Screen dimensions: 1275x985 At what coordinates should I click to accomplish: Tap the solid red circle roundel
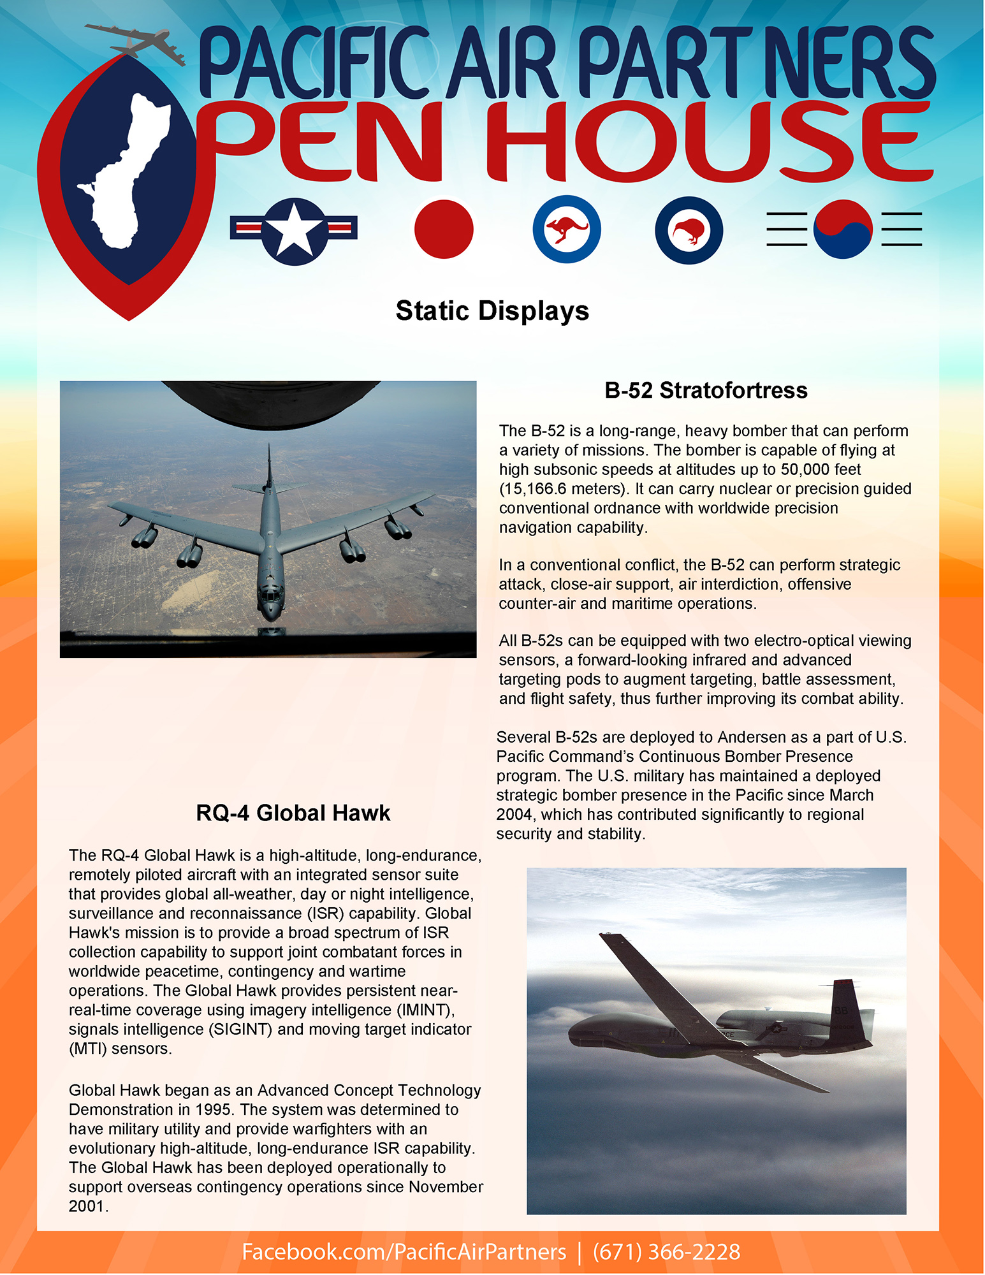click(444, 229)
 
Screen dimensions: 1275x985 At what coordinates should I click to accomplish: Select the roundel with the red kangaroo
click(566, 229)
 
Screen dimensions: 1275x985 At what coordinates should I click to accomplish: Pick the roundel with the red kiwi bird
click(689, 230)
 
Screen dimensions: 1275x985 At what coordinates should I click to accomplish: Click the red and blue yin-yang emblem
click(843, 229)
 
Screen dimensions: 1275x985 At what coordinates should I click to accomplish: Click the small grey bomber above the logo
click(137, 42)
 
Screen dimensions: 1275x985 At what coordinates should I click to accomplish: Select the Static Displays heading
click(492, 311)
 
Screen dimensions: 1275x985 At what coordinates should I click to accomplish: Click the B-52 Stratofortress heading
click(706, 390)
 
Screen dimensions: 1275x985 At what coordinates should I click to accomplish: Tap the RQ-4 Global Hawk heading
click(293, 813)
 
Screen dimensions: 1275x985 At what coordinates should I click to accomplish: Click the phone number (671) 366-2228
click(666, 1252)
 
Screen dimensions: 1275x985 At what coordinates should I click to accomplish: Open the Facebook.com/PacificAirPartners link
click(404, 1252)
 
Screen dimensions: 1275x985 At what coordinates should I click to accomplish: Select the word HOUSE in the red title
click(708, 142)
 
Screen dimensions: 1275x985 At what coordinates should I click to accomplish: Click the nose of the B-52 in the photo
click(271, 612)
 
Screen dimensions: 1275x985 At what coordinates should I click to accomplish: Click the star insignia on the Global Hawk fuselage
click(777, 1028)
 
